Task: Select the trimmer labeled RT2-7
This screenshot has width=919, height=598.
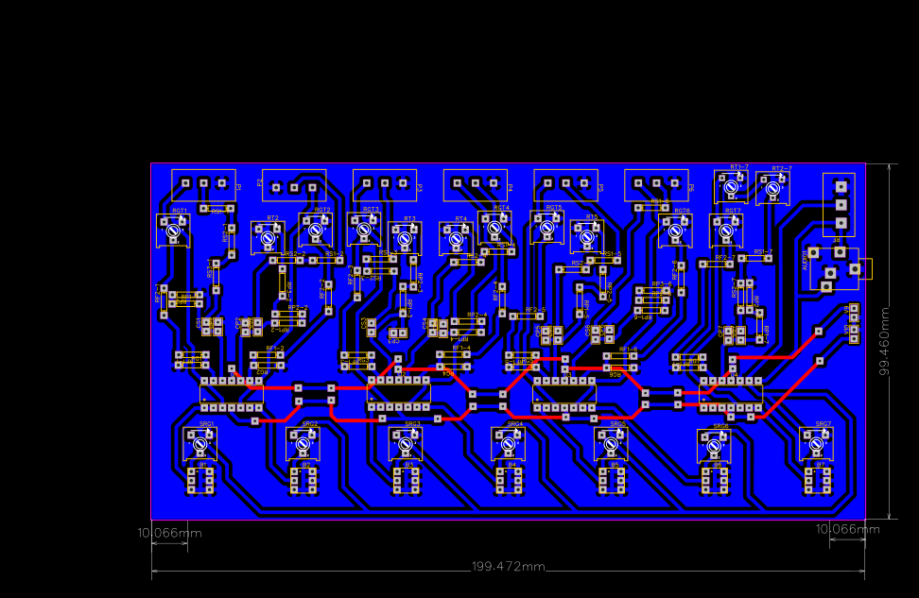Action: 772,188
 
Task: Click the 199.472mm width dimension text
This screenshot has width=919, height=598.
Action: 509,566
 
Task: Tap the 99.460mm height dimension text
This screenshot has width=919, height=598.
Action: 885,341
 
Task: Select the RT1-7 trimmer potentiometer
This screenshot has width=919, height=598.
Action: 730,188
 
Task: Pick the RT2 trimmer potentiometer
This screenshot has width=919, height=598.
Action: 268,237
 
